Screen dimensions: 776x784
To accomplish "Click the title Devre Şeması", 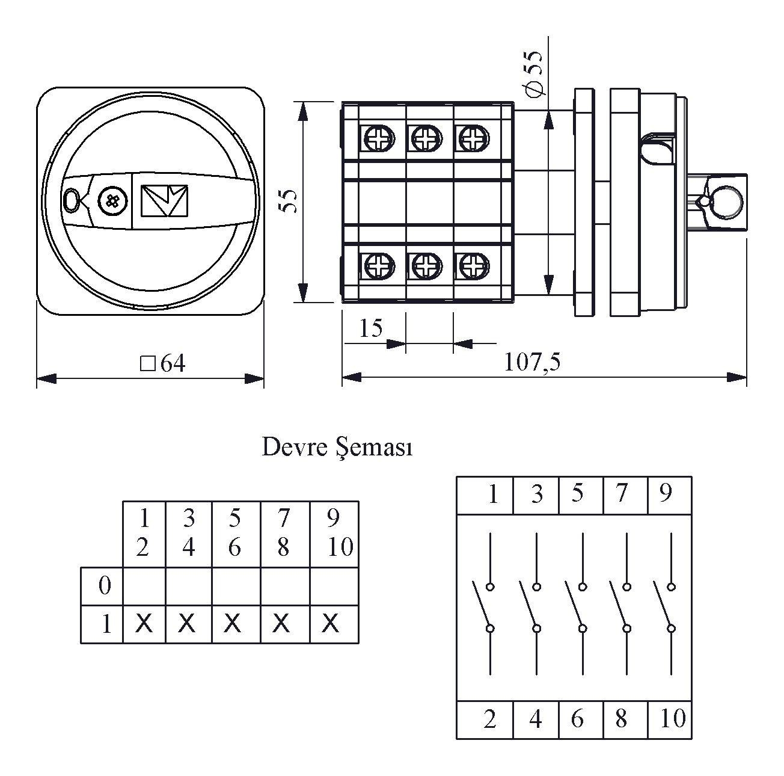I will [337, 448].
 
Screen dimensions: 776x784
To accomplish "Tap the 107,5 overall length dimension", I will [532, 362].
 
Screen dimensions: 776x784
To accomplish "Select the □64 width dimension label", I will [163, 363].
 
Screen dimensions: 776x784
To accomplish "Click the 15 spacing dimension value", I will [370, 328].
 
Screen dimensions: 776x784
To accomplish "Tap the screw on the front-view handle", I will [113, 200].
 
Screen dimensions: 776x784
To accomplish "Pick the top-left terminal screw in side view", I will [379, 139].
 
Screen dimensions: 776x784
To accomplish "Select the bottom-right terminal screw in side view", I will [473, 265].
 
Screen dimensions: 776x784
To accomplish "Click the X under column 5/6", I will [233, 623].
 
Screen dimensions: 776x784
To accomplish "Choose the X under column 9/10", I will [330, 623].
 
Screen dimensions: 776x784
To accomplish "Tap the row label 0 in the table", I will [105, 585].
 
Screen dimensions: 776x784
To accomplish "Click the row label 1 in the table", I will [106, 624].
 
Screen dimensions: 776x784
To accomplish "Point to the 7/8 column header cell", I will [284, 532].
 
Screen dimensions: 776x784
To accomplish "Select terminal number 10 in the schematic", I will [672, 718].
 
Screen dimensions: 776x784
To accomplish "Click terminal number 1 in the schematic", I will [493, 494].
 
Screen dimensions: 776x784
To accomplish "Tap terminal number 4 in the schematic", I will [536, 719].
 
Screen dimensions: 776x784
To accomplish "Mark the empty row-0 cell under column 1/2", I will [144, 585].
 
